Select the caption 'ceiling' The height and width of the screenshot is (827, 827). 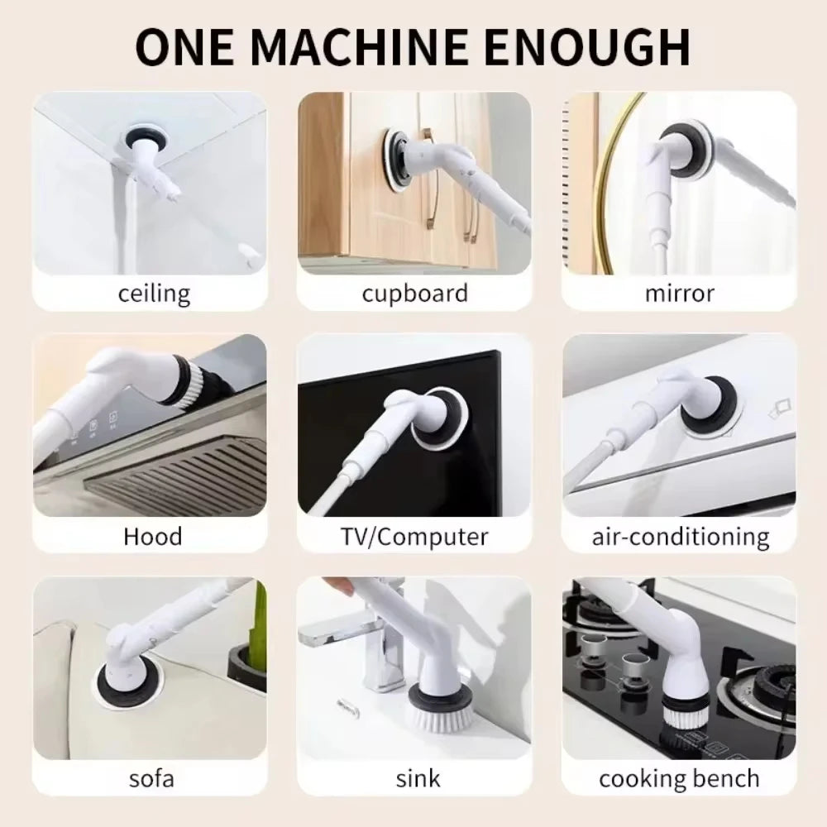click(154, 292)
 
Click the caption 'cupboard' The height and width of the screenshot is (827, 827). click(414, 292)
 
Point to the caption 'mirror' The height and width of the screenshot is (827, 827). click(679, 292)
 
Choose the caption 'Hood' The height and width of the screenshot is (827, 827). click(152, 536)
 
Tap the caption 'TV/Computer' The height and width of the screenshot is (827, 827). click(414, 536)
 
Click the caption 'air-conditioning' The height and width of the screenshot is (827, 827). click(680, 536)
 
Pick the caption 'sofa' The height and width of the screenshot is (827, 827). click(151, 778)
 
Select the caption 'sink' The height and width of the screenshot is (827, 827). click(418, 778)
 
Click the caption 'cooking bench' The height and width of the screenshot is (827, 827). click(679, 778)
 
